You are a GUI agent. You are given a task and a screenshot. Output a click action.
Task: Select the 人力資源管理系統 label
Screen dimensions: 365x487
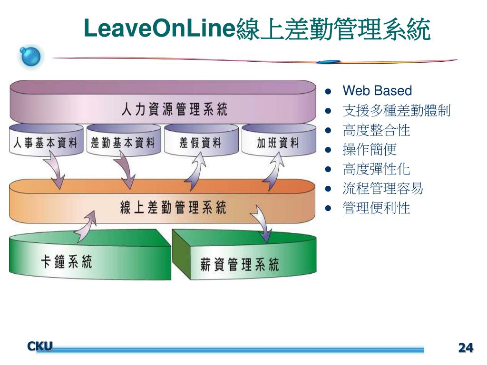tap(174, 110)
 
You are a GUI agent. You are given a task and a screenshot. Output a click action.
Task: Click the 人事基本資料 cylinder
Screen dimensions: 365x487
tap(45, 143)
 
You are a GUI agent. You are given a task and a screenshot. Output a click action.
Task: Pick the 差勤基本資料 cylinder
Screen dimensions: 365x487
tap(122, 143)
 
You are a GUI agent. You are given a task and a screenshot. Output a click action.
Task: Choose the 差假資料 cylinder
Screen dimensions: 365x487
tap(200, 143)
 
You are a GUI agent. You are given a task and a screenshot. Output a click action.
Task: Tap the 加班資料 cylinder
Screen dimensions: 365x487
tap(278, 143)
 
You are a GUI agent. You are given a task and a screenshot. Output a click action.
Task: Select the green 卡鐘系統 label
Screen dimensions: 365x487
tap(67, 262)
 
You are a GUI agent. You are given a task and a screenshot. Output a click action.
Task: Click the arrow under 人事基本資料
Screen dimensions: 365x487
tap(56, 171)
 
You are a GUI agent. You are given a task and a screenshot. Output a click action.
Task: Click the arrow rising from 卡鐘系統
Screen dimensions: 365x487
tap(86, 222)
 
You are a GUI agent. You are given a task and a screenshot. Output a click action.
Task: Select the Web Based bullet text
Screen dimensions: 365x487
tap(377, 91)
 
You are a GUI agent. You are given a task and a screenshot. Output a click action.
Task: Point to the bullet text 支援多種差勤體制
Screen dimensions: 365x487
tap(396, 111)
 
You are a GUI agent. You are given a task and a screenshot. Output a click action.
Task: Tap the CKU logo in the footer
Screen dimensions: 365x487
tap(40, 346)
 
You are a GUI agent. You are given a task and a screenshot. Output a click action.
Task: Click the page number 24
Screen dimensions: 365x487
tap(466, 348)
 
